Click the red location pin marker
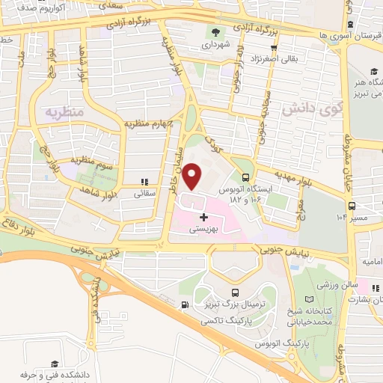(x=193, y=177)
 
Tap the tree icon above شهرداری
(x=217, y=32)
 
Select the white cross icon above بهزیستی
(x=204, y=217)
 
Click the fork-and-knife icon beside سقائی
(x=144, y=181)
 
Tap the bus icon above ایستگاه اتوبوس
(x=246, y=178)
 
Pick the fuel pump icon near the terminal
(x=185, y=304)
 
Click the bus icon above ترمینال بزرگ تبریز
(x=236, y=293)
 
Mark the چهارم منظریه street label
(x=149, y=123)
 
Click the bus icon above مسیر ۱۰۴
(x=351, y=206)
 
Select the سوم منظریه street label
(x=93, y=160)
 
